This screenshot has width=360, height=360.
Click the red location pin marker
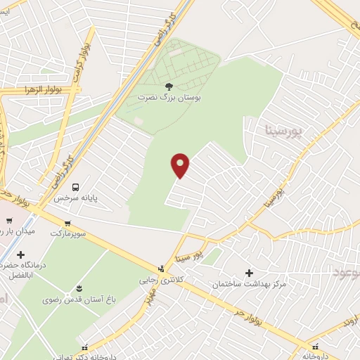coord(181,165)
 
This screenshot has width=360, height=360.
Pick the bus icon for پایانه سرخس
coord(75,188)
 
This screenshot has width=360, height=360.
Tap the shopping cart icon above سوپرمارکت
coord(66,224)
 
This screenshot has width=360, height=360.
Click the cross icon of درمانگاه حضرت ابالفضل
coord(20,255)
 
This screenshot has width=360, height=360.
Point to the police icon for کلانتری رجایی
coord(161,268)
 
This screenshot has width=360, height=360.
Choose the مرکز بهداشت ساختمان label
coord(250,284)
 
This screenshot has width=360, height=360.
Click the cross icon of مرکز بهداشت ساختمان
coord(250,272)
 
